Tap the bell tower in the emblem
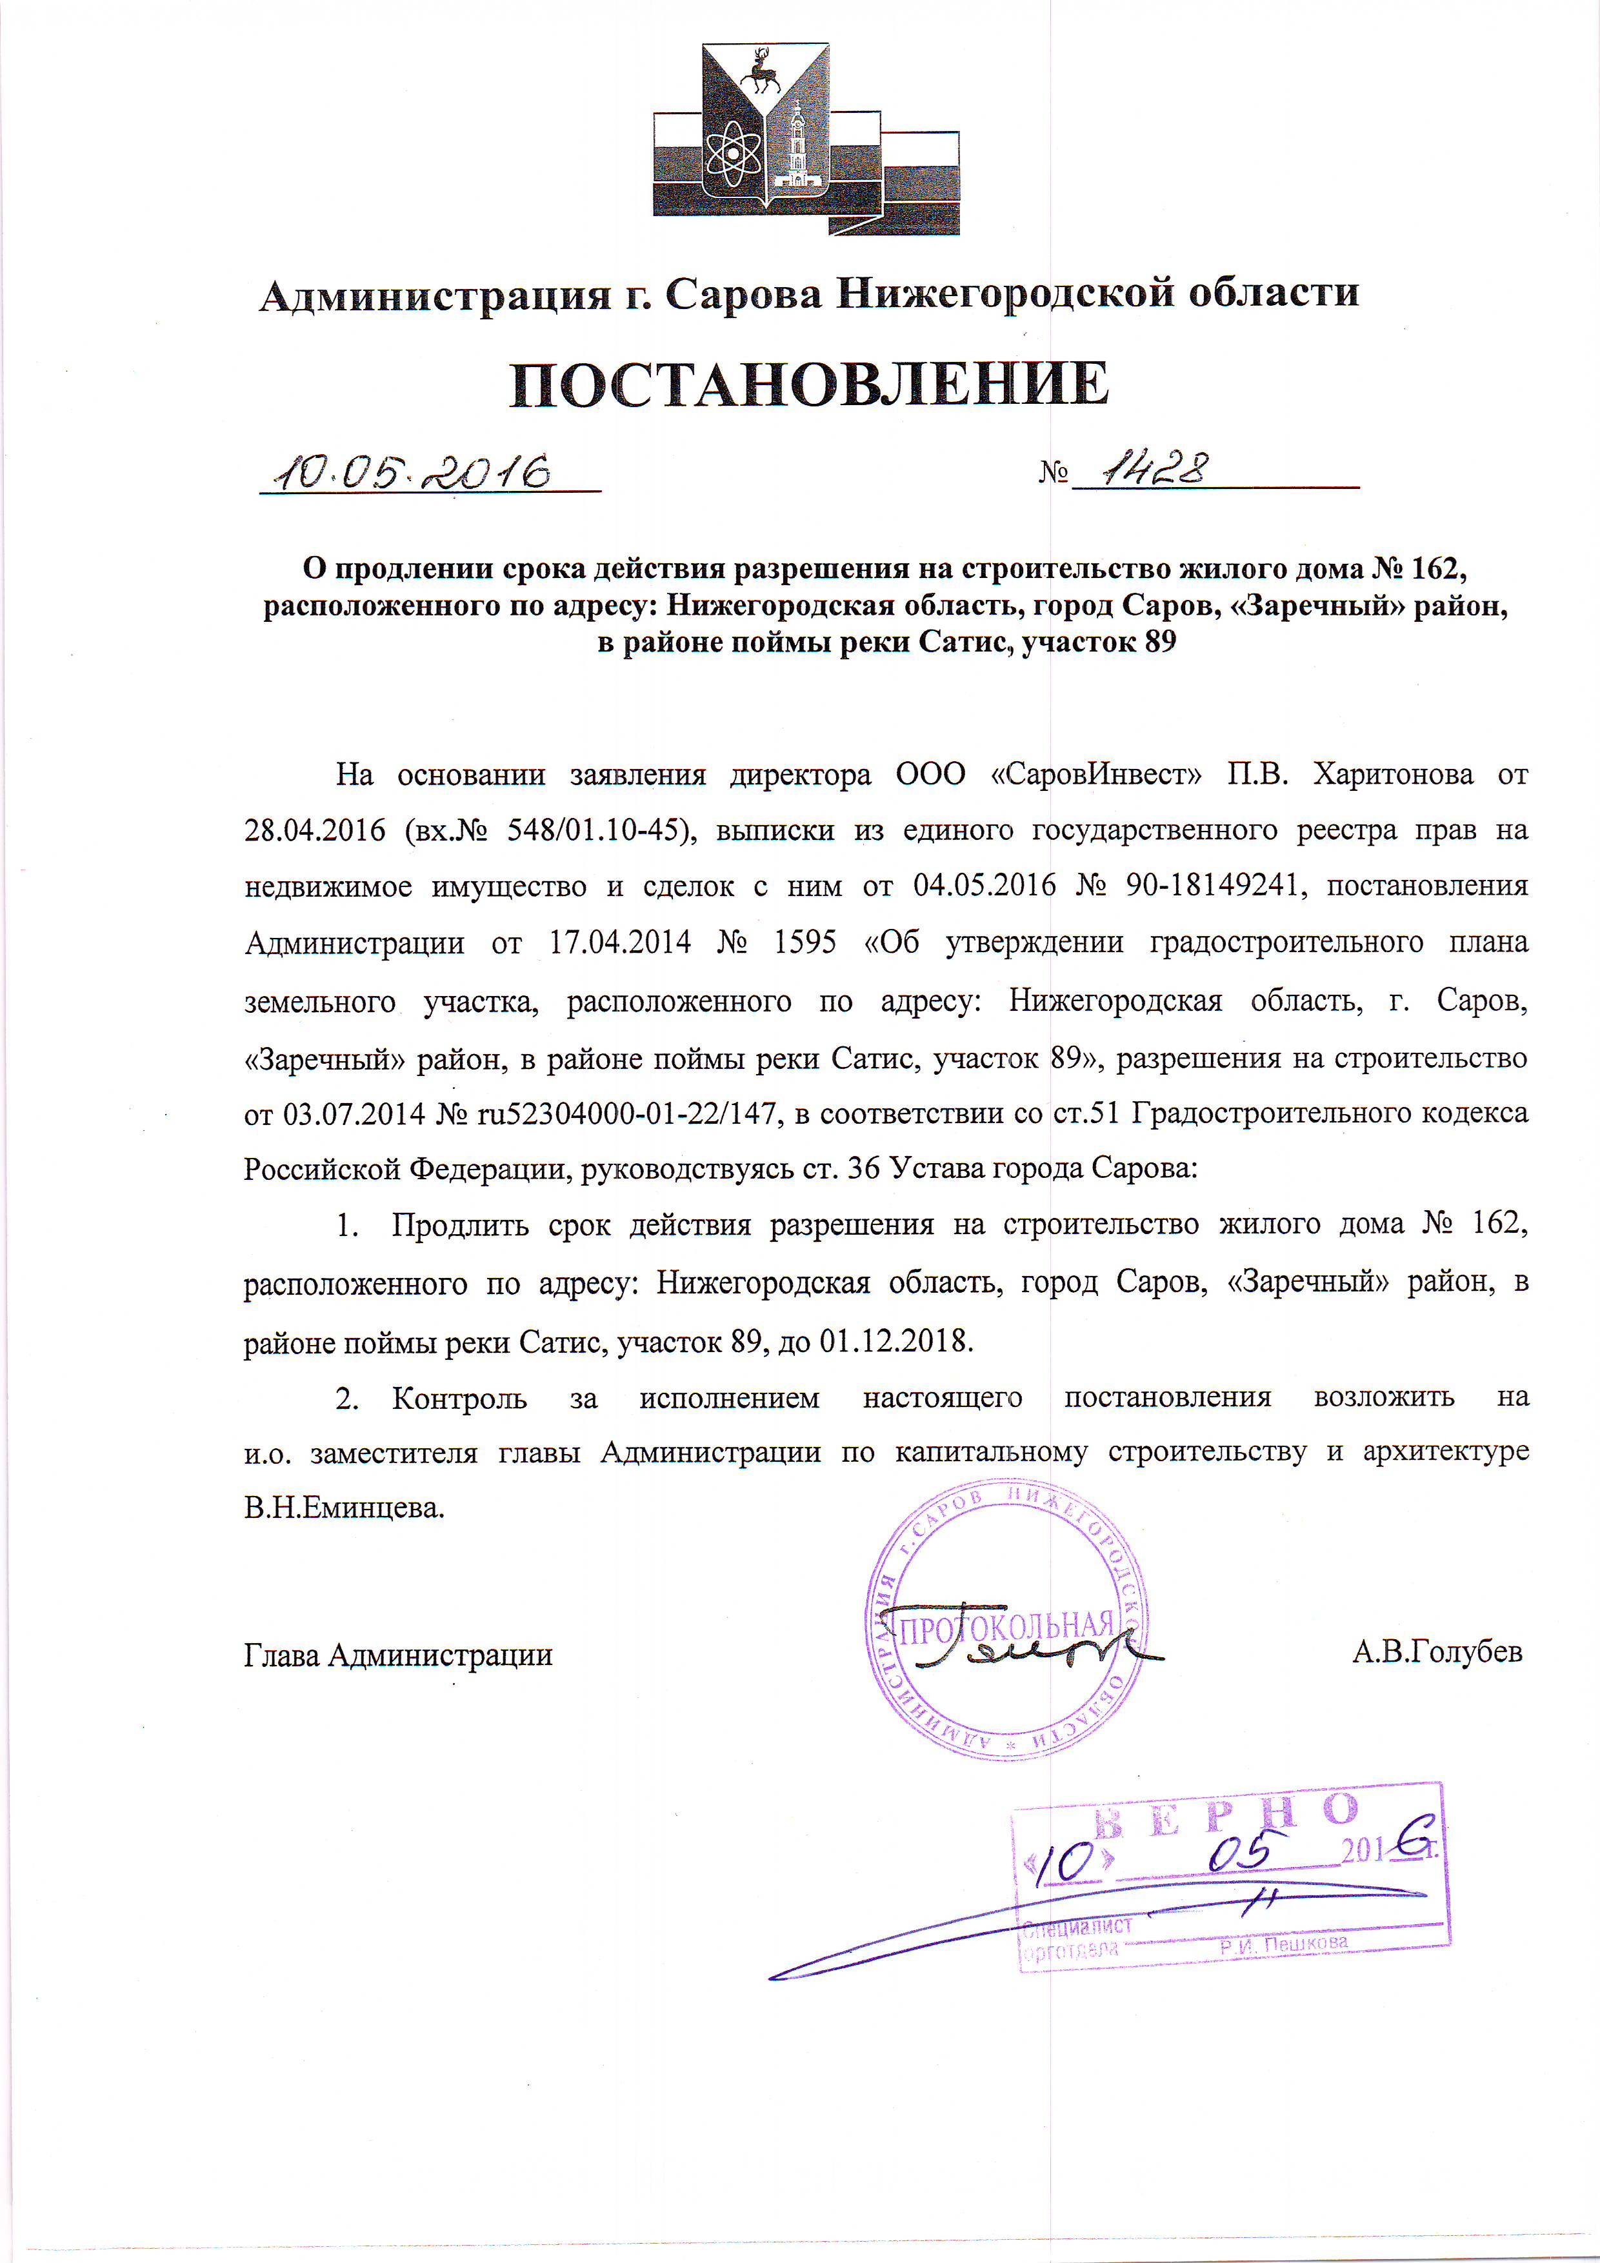coord(795,148)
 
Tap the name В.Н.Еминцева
coord(344,1508)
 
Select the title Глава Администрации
coord(398,1654)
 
